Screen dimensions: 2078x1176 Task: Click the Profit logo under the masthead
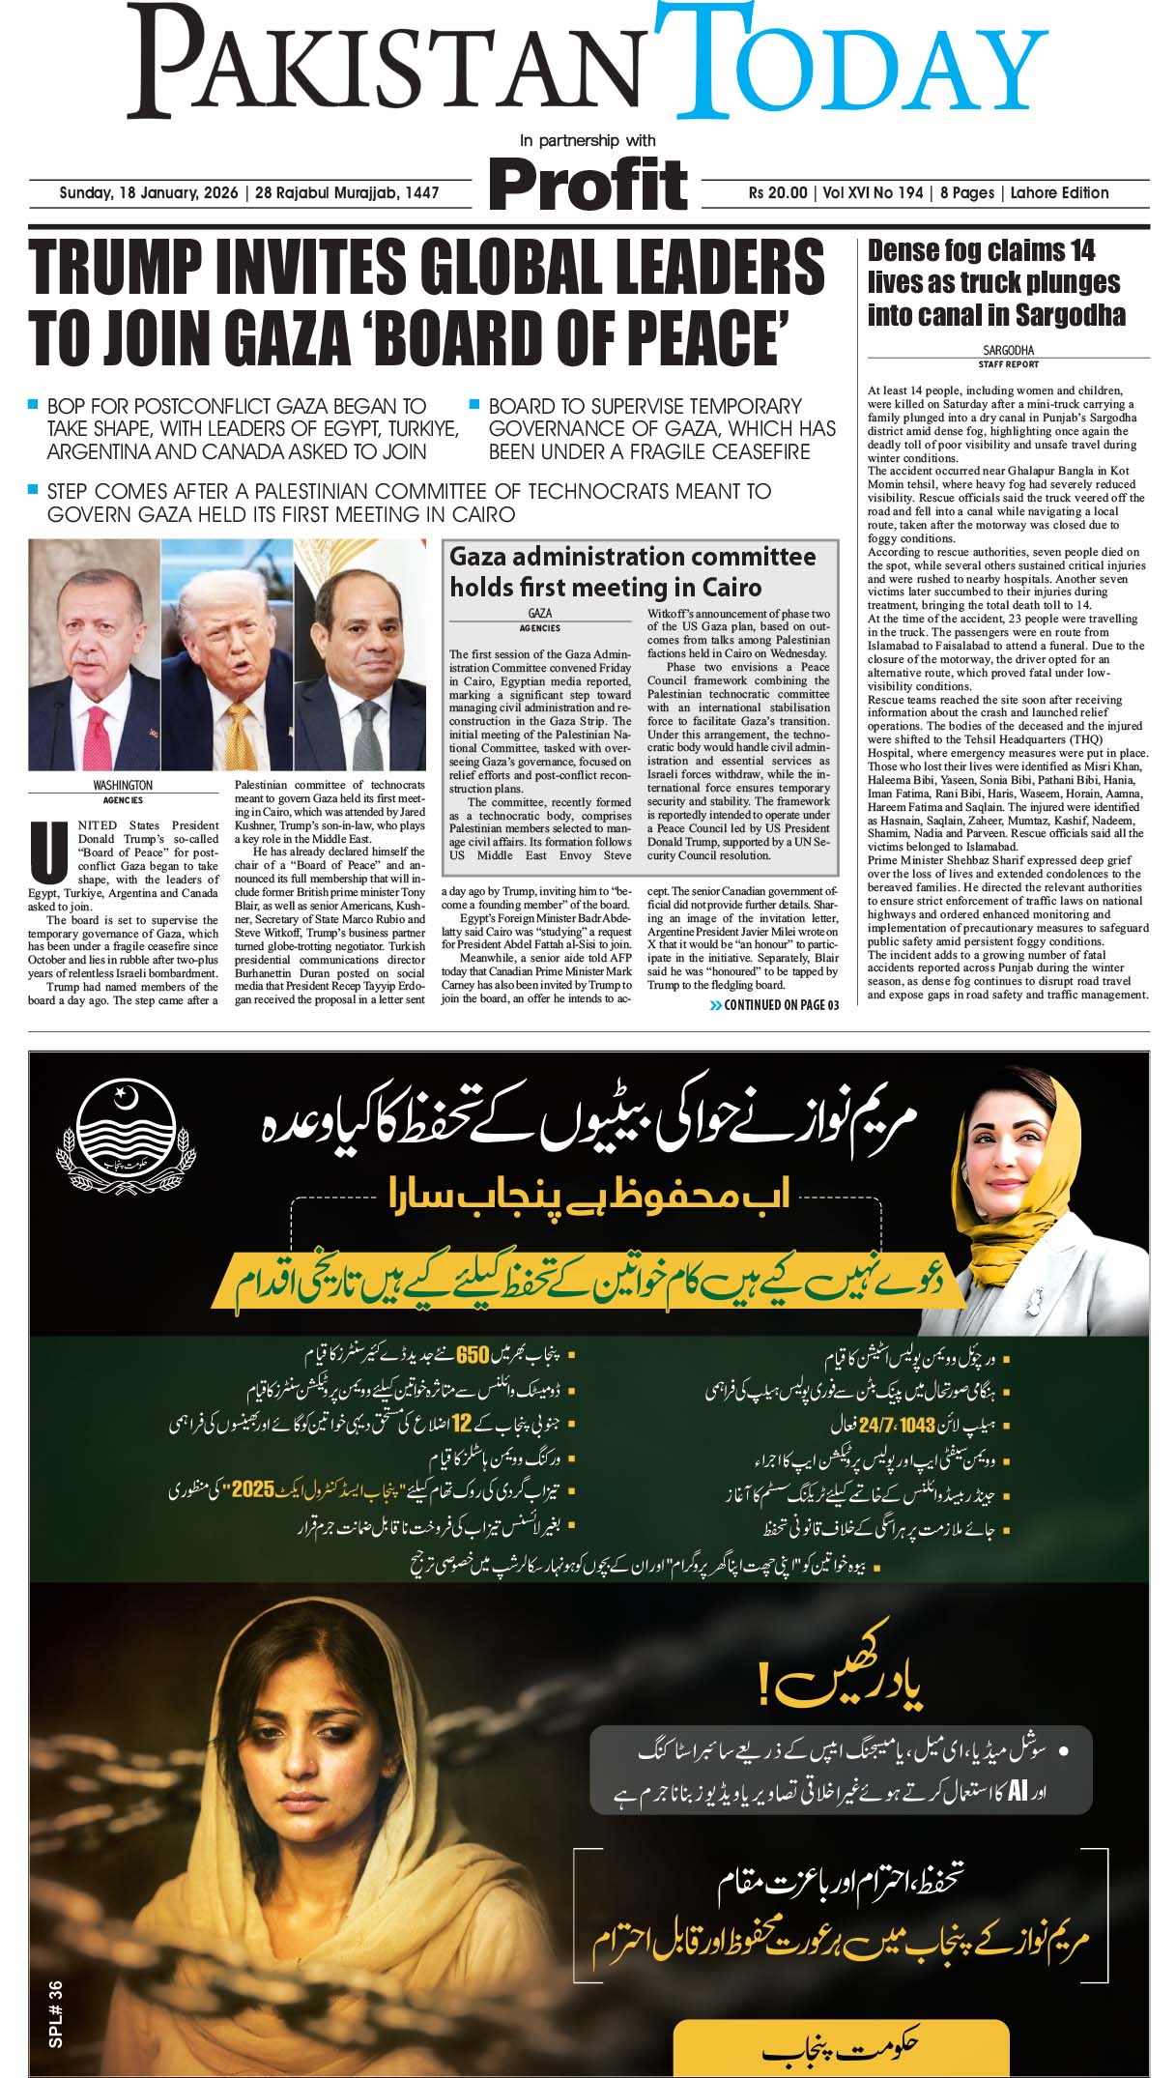pos(588,184)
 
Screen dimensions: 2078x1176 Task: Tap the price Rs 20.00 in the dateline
pos(777,192)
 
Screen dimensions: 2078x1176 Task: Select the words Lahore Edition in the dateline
pos(1059,192)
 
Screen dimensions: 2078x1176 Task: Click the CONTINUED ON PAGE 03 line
pos(774,1005)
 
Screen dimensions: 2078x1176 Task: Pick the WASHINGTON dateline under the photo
pos(123,786)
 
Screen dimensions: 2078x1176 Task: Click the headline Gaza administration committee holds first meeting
pos(632,571)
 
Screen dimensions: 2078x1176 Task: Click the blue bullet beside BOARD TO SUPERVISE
pos(474,403)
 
